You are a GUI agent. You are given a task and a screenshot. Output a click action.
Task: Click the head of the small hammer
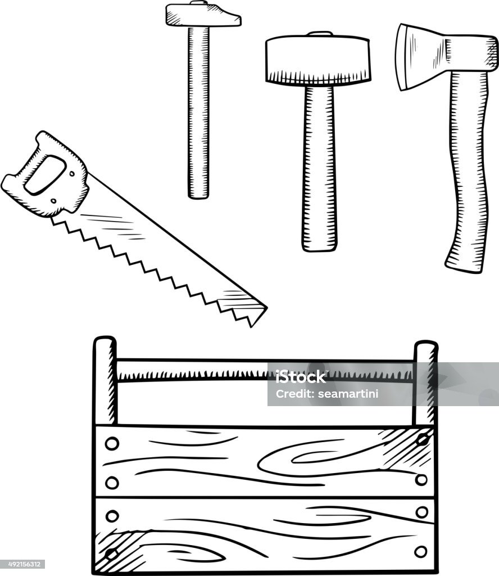[x=202, y=15]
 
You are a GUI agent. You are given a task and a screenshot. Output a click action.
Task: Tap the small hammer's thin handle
[x=198, y=112]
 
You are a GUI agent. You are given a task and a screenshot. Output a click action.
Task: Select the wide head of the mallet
[x=317, y=58]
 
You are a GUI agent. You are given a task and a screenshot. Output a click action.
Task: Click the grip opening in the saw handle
[x=45, y=175]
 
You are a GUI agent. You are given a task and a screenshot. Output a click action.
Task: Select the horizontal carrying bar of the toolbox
[x=265, y=371]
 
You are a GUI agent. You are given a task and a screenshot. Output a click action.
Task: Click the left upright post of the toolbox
[x=105, y=381]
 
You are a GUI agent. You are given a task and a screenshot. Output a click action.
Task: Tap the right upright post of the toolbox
[x=425, y=382]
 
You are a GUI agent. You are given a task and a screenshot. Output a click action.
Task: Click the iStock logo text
[x=301, y=377]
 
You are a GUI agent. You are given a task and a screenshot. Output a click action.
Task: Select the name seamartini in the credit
[x=348, y=394]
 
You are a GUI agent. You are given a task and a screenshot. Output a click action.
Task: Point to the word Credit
[x=294, y=394]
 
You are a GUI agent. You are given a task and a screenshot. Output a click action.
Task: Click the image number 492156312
[x=22, y=564]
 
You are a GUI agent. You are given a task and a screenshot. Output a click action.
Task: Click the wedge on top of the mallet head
[x=320, y=34]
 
